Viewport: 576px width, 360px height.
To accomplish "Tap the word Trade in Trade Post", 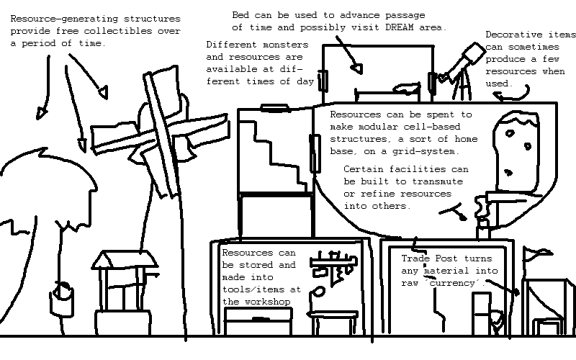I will (416, 258).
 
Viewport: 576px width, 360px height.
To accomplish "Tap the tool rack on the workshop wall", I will (333, 264).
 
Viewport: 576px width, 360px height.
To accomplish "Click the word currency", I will (456, 284).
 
